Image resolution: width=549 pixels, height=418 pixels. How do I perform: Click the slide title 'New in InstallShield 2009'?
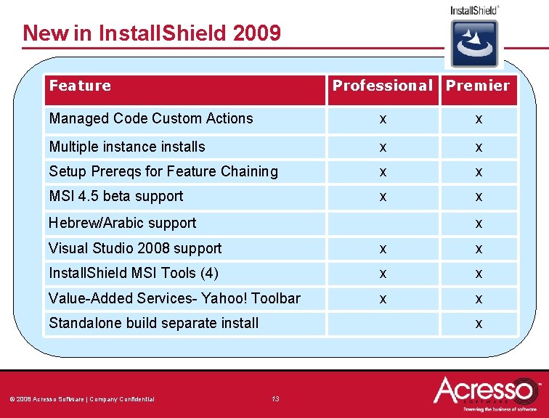(x=151, y=33)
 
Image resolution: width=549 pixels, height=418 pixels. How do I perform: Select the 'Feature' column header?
(x=80, y=86)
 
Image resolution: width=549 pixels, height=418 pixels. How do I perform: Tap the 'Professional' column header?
(x=382, y=86)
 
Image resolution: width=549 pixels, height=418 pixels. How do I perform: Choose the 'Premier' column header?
(x=478, y=86)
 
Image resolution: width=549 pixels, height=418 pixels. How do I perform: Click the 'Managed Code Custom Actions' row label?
(x=150, y=118)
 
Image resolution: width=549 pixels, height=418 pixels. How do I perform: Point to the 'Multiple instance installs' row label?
(x=126, y=147)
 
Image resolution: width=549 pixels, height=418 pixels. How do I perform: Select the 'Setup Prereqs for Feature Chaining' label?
(x=163, y=171)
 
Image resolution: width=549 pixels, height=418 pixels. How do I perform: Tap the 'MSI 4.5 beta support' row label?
(x=115, y=196)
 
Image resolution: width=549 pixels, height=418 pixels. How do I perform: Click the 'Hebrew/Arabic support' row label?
(x=122, y=223)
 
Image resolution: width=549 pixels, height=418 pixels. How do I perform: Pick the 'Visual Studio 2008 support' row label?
(x=134, y=248)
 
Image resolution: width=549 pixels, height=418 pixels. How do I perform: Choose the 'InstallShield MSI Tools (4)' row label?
(x=133, y=273)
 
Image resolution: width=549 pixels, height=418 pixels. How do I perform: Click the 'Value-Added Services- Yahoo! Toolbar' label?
(x=174, y=298)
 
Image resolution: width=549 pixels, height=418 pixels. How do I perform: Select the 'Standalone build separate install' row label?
(x=153, y=323)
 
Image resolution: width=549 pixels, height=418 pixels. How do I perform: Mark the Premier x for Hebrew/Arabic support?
(x=479, y=224)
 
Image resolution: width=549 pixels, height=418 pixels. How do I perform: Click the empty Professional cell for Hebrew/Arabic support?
(x=383, y=224)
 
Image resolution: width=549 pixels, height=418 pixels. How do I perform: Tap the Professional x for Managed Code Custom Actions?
(x=383, y=119)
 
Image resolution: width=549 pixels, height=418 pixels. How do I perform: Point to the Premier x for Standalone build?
(x=479, y=324)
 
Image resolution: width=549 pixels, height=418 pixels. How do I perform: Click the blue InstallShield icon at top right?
(x=474, y=43)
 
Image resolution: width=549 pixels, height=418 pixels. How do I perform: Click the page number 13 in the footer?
(x=275, y=398)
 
